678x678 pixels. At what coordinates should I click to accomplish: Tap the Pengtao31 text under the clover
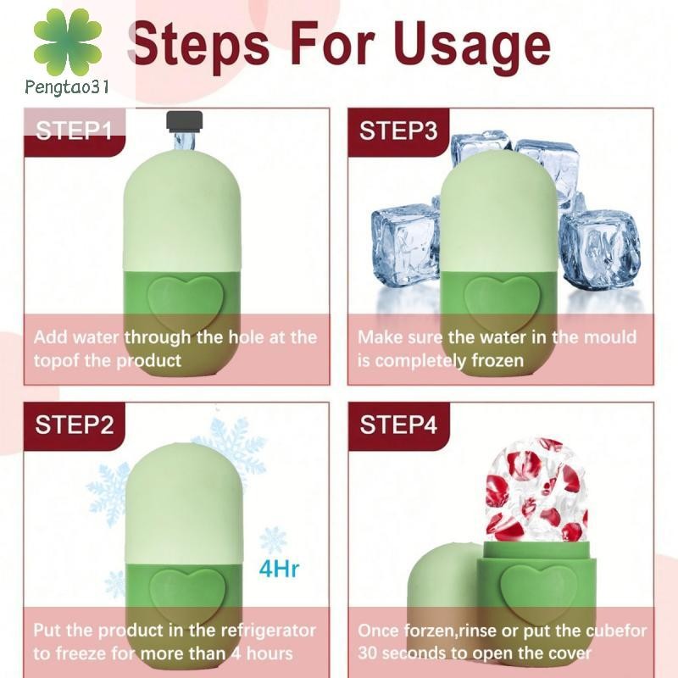tap(67, 87)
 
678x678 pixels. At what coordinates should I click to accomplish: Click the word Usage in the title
tap(472, 46)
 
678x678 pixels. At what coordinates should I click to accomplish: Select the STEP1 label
tap(74, 131)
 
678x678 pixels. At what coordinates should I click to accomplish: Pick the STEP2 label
tap(75, 425)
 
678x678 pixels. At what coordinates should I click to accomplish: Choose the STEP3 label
tap(398, 131)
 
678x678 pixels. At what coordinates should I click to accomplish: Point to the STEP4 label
tap(398, 425)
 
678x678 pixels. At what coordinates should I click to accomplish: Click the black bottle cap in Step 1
tap(185, 121)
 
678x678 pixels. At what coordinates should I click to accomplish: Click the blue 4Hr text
tap(279, 569)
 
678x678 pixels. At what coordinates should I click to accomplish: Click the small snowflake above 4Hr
tap(273, 540)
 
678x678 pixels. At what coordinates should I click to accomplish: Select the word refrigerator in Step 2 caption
tap(268, 631)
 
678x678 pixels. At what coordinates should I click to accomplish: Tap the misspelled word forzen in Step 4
tap(428, 631)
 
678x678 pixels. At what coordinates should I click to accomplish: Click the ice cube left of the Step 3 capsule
tap(406, 244)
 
